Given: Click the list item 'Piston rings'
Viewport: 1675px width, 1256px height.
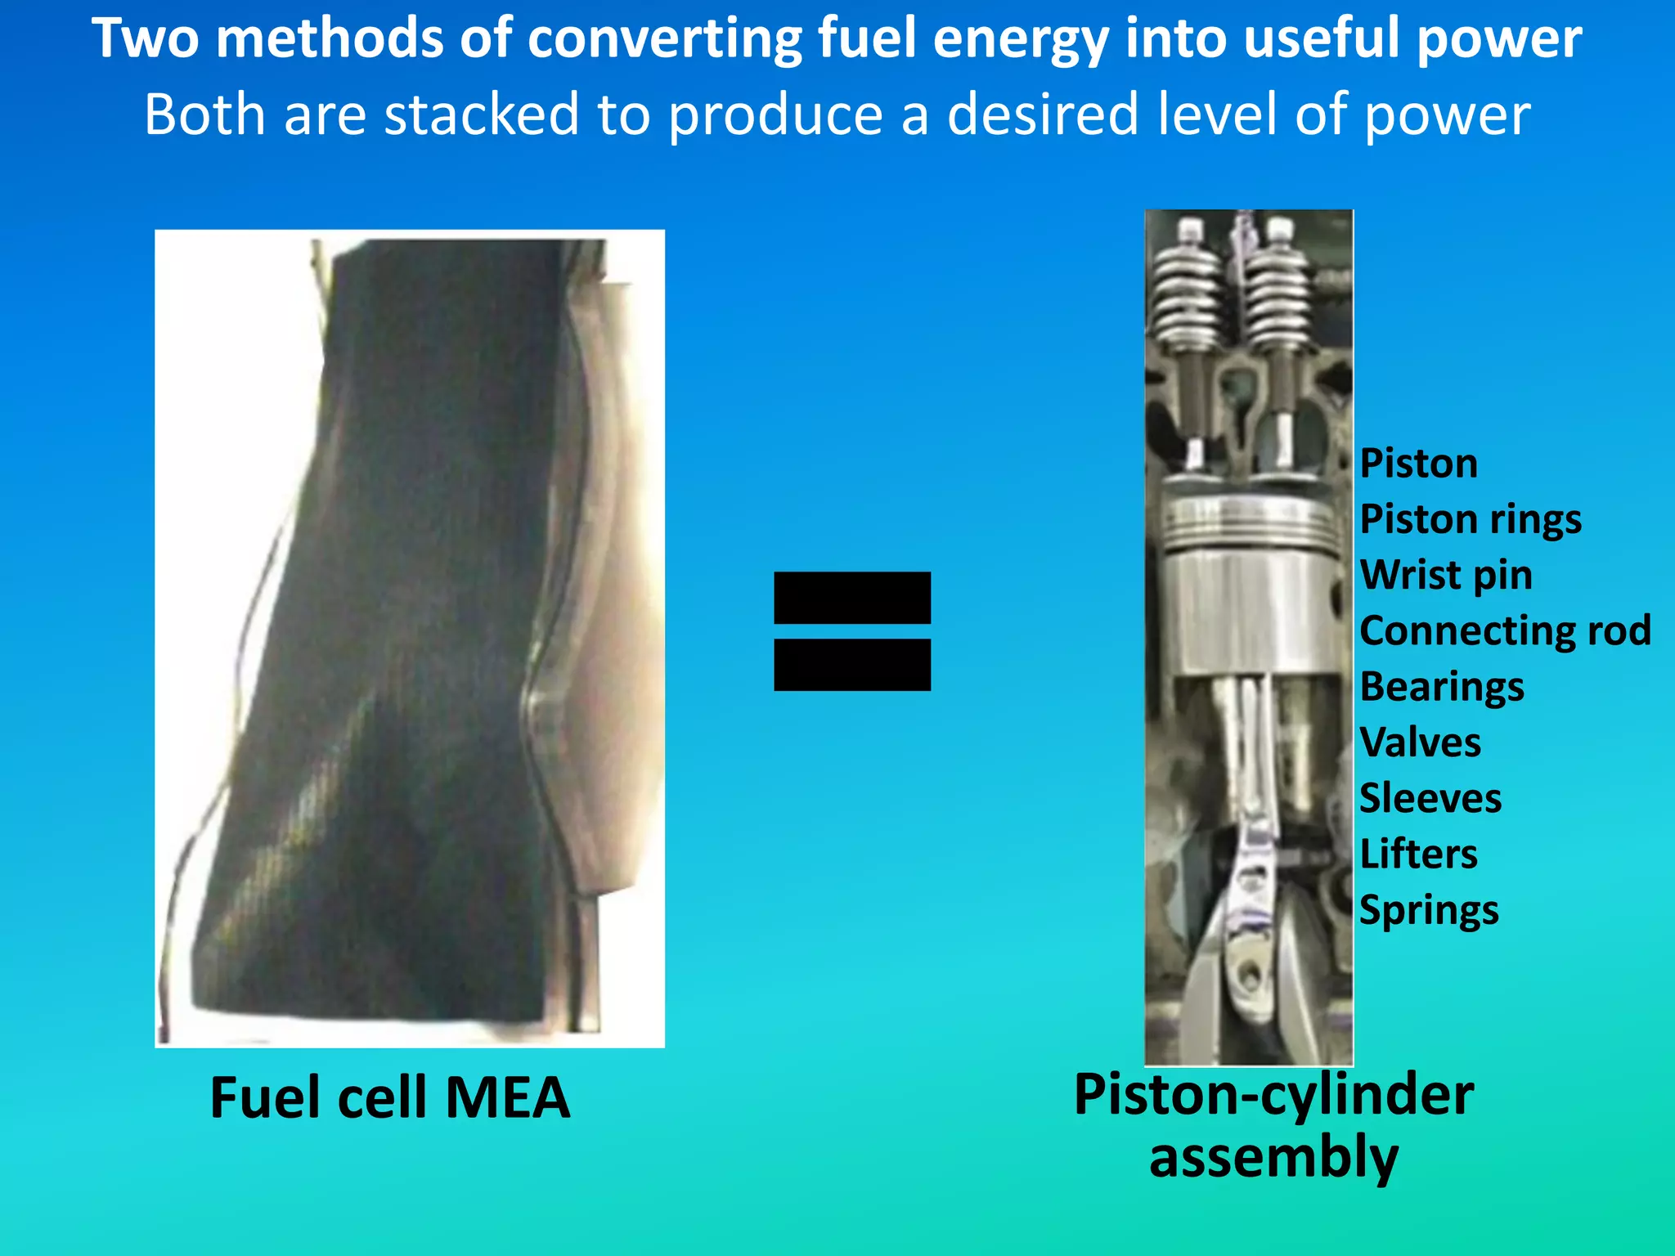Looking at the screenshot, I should [1470, 520].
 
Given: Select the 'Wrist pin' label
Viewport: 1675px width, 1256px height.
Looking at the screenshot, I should [1445, 575].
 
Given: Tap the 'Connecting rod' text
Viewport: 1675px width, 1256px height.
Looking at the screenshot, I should [1505, 630].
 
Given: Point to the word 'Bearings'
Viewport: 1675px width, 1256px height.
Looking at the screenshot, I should [1441, 687].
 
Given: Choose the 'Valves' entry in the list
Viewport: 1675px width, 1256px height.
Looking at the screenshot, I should [1420, 742].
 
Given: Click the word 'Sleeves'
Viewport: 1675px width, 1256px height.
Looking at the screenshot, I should [1430, 798].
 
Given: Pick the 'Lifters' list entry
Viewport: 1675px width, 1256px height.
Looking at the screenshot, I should [1418, 854].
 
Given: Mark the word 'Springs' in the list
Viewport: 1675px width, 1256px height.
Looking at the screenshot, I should [1428, 910].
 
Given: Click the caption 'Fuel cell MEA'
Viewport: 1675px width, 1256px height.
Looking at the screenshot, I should [389, 1097].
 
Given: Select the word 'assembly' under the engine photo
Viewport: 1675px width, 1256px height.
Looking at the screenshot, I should [1273, 1158].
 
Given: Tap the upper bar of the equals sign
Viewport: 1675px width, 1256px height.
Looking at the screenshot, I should [851, 598].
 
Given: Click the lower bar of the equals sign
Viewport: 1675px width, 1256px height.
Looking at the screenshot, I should [851, 665].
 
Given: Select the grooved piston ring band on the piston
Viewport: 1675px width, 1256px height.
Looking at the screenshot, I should [1249, 521].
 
